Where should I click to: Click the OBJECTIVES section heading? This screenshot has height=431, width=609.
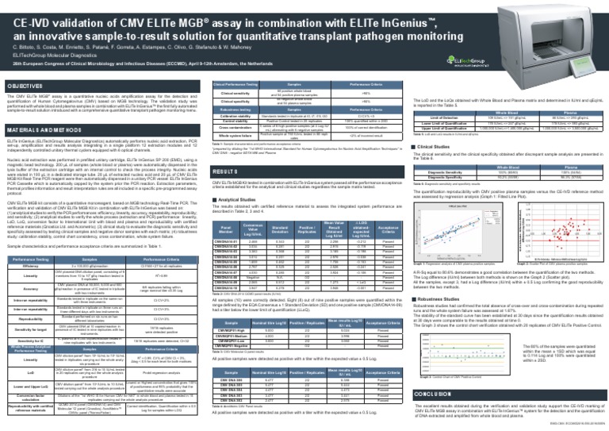[29, 84]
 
